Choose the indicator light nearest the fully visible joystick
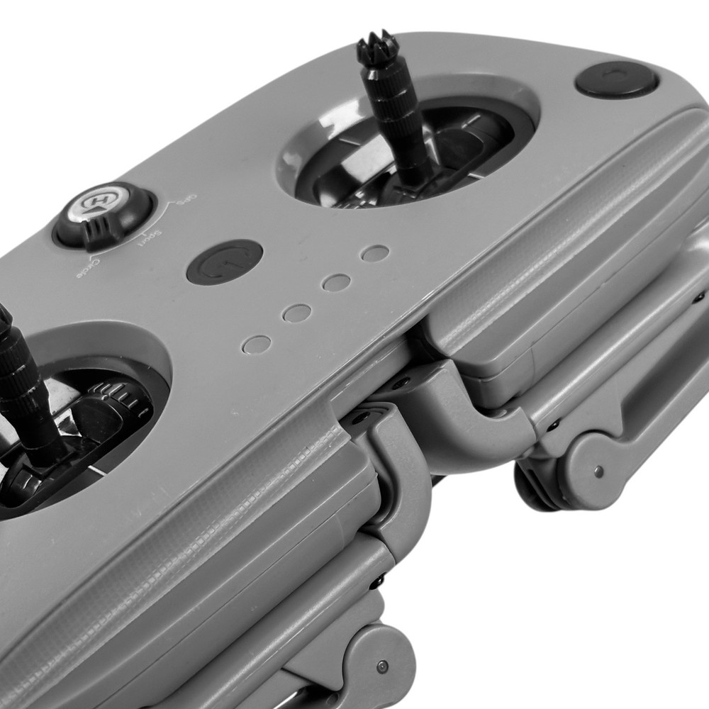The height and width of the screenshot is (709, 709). point(374,253)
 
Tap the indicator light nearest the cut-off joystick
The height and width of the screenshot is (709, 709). point(256,345)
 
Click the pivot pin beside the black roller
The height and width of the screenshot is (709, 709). point(598,471)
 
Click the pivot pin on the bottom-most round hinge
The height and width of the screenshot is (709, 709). point(384,666)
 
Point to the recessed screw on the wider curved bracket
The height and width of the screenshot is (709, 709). point(402,384)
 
